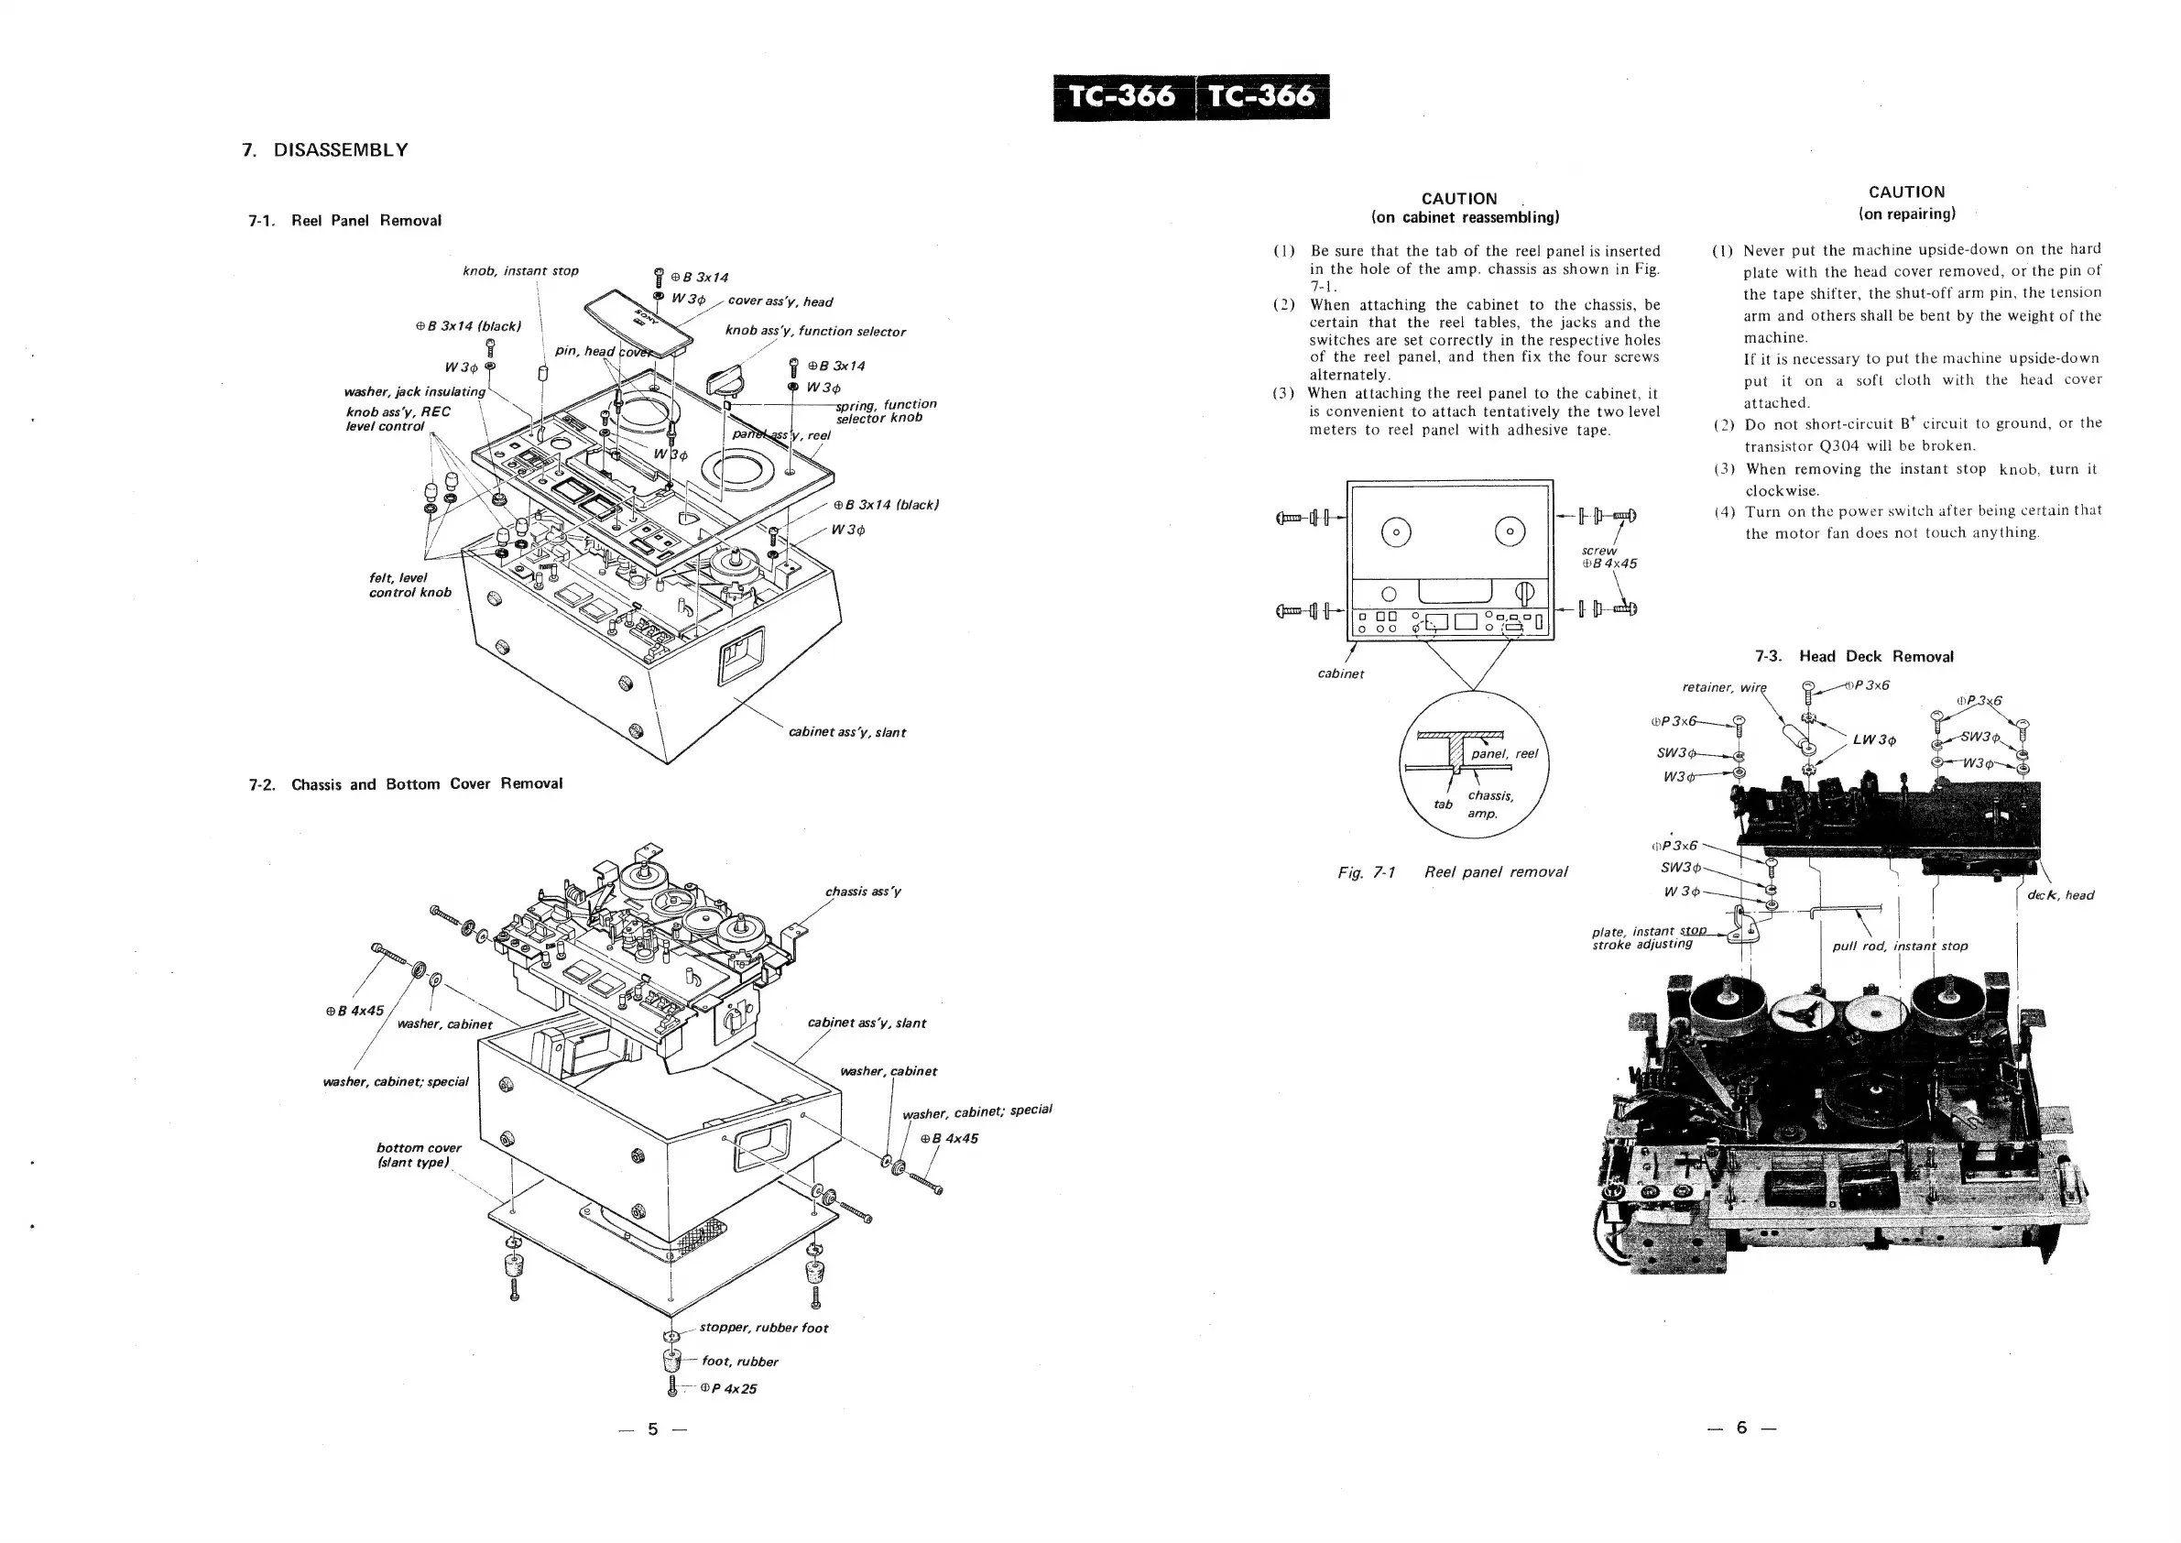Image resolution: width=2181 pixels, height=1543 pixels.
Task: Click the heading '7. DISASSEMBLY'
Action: pos(325,150)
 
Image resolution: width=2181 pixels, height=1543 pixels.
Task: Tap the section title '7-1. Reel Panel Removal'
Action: pos(344,221)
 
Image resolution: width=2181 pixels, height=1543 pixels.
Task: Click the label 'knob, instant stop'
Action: pos(520,272)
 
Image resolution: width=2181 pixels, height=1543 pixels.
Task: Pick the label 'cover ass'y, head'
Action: pos(780,302)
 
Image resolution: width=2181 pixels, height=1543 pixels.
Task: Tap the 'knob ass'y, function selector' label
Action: pos(815,332)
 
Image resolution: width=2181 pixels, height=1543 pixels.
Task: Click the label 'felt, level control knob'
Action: pos(409,585)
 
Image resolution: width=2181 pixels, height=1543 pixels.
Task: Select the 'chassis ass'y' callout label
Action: pos(863,892)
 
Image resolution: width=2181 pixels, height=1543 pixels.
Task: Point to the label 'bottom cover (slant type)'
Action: pos(418,1155)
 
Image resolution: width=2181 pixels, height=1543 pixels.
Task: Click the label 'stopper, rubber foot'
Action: pos(763,1329)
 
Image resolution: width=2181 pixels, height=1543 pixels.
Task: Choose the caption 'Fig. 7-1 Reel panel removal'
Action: pos(1453,872)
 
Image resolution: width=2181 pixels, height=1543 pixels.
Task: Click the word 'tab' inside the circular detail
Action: pos(1443,804)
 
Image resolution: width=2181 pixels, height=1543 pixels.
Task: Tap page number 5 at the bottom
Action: pos(652,1429)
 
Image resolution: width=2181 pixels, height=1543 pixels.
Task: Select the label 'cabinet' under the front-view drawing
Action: pos(1340,674)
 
